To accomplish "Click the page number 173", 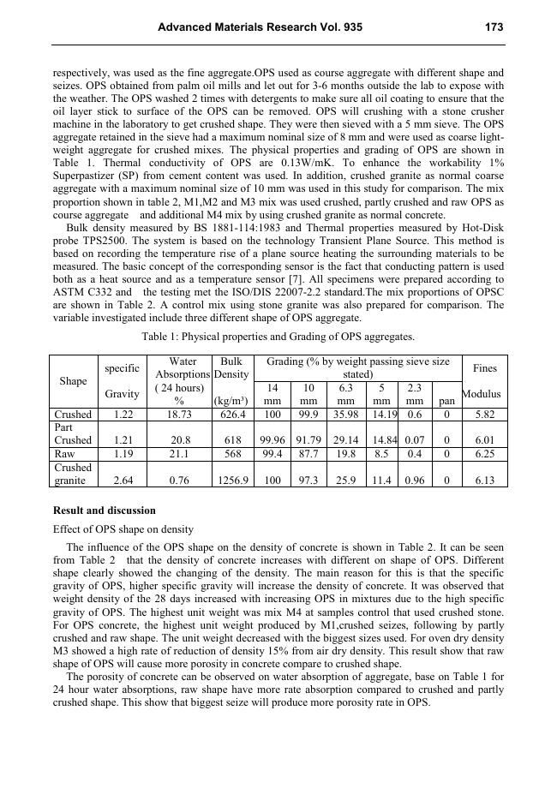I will point(494,27).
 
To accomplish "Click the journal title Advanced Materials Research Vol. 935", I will point(260,27).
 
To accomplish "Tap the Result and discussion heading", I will point(105,510).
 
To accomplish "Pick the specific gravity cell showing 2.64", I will point(122,481).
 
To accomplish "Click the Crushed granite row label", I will point(73,475).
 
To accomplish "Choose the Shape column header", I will point(73,381).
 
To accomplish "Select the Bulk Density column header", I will point(231,368).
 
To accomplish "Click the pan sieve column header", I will point(446,400).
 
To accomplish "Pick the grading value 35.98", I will point(346,415).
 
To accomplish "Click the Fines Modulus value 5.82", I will point(484,415).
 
